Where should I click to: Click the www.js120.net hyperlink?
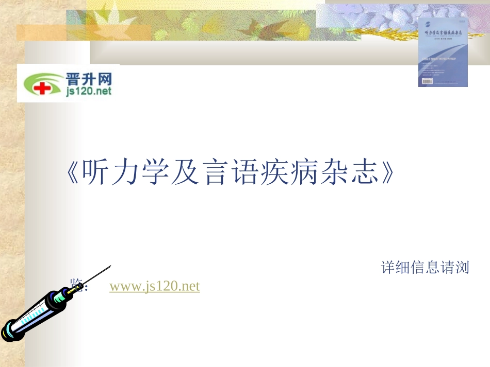154,286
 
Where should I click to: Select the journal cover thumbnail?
443,52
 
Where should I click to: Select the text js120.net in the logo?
88,92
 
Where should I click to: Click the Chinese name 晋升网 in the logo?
88,79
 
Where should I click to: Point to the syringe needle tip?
109,266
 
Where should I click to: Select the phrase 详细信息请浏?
425,268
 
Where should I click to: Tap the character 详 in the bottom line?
388,268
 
